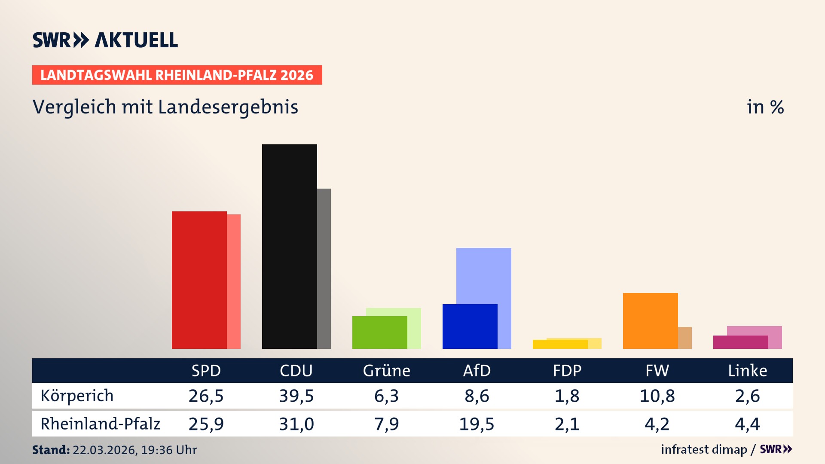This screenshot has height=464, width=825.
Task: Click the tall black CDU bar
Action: click(289, 246)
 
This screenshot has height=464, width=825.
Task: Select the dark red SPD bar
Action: click(199, 280)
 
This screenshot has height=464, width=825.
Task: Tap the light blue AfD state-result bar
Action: click(484, 275)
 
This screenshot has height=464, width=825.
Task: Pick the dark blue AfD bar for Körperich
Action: click(470, 326)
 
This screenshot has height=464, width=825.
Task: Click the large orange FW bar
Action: click(650, 321)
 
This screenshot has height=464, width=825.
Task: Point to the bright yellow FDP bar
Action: click(560, 344)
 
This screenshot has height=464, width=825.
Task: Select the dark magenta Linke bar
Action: click(740, 342)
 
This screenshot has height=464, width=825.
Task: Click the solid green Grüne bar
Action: click(379, 332)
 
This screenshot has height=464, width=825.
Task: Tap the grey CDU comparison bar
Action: click(324, 269)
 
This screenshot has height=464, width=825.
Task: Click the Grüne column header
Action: click(386, 370)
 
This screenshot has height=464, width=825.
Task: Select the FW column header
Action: click(657, 370)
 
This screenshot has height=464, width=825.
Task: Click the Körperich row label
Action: click(77, 396)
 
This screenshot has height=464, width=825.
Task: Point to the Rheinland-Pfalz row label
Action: click(100, 424)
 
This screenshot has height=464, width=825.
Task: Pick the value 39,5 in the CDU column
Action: click(296, 396)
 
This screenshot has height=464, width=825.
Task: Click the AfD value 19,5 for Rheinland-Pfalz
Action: click(477, 424)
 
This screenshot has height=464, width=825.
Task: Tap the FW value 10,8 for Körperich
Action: click(657, 396)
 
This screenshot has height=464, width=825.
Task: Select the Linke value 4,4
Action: click(747, 424)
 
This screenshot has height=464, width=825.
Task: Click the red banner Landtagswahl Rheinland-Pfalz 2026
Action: click(177, 75)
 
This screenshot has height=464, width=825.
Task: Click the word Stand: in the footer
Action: click(51, 450)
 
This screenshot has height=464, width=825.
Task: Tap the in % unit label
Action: click(765, 107)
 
